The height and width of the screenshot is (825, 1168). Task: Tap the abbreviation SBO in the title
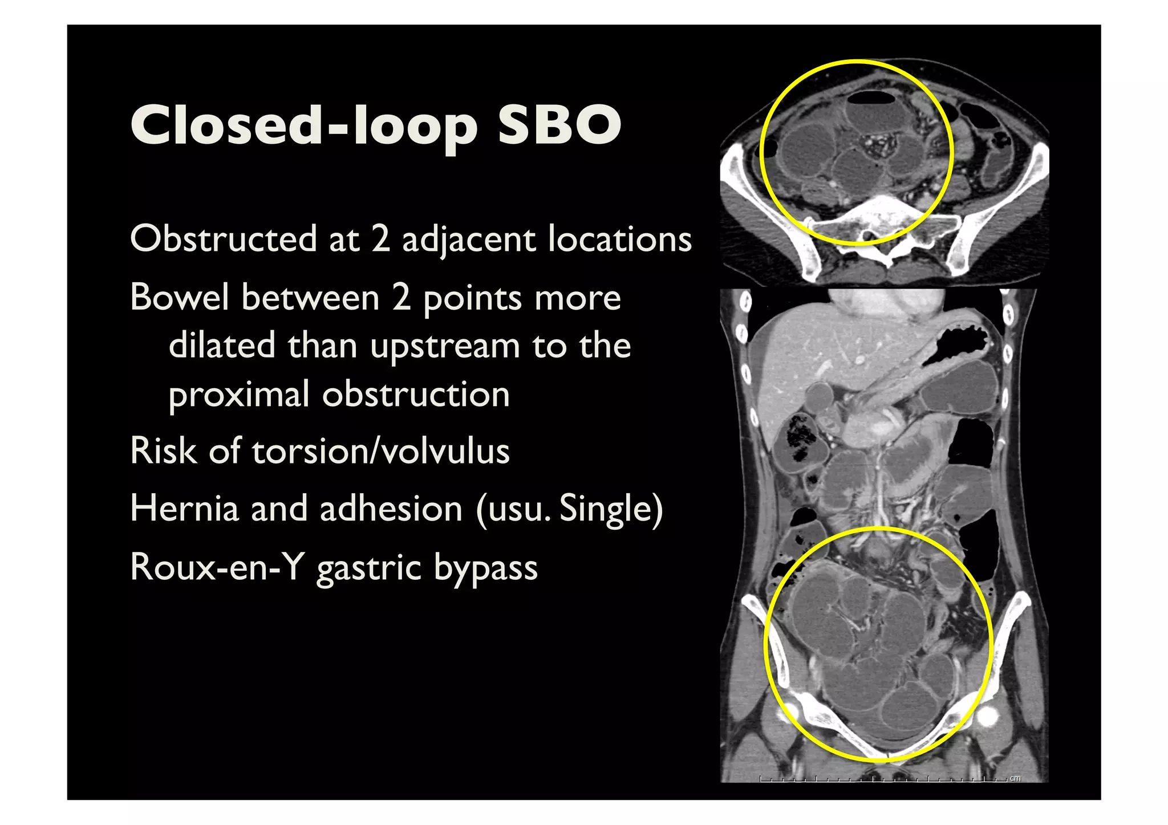click(x=559, y=125)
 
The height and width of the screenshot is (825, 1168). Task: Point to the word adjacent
click(x=468, y=239)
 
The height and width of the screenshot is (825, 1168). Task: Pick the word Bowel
click(x=179, y=298)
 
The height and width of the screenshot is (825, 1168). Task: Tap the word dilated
click(x=222, y=346)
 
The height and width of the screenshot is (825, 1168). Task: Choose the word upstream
click(x=445, y=347)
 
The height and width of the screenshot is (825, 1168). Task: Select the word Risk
click(x=163, y=451)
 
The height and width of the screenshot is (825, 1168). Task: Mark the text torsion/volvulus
click(x=380, y=451)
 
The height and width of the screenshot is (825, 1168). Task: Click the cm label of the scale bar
click(x=1015, y=778)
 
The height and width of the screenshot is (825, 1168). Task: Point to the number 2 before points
click(x=401, y=298)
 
